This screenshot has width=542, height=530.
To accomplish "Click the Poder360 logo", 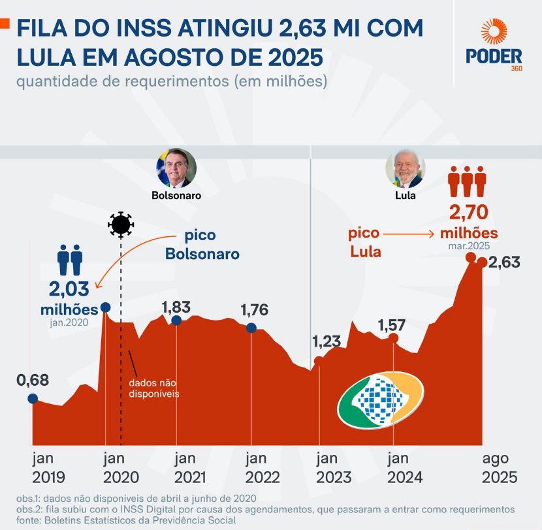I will click(494, 45).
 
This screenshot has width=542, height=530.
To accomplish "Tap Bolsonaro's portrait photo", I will click(176, 168).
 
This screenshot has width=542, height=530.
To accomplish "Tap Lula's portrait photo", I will click(405, 168).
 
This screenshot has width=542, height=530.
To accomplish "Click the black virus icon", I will click(121, 225).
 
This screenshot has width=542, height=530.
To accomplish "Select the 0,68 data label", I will click(33, 379).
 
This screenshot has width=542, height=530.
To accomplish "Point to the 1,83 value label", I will click(176, 306).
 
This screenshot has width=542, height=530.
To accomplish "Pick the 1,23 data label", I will click(327, 341).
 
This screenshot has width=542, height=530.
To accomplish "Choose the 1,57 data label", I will click(392, 324).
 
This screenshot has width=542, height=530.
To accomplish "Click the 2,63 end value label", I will click(504, 262).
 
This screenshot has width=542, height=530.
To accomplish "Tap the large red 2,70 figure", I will click(468, 212).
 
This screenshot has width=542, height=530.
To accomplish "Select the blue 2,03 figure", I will click(70, 288).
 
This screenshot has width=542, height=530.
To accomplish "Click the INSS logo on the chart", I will click(381, 400).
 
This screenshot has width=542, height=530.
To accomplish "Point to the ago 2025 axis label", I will click(500, 467).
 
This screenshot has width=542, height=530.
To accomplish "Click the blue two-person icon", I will click(70, 259).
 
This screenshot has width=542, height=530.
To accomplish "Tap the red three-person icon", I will click(468, 181).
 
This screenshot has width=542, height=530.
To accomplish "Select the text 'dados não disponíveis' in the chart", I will click(153, 388).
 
